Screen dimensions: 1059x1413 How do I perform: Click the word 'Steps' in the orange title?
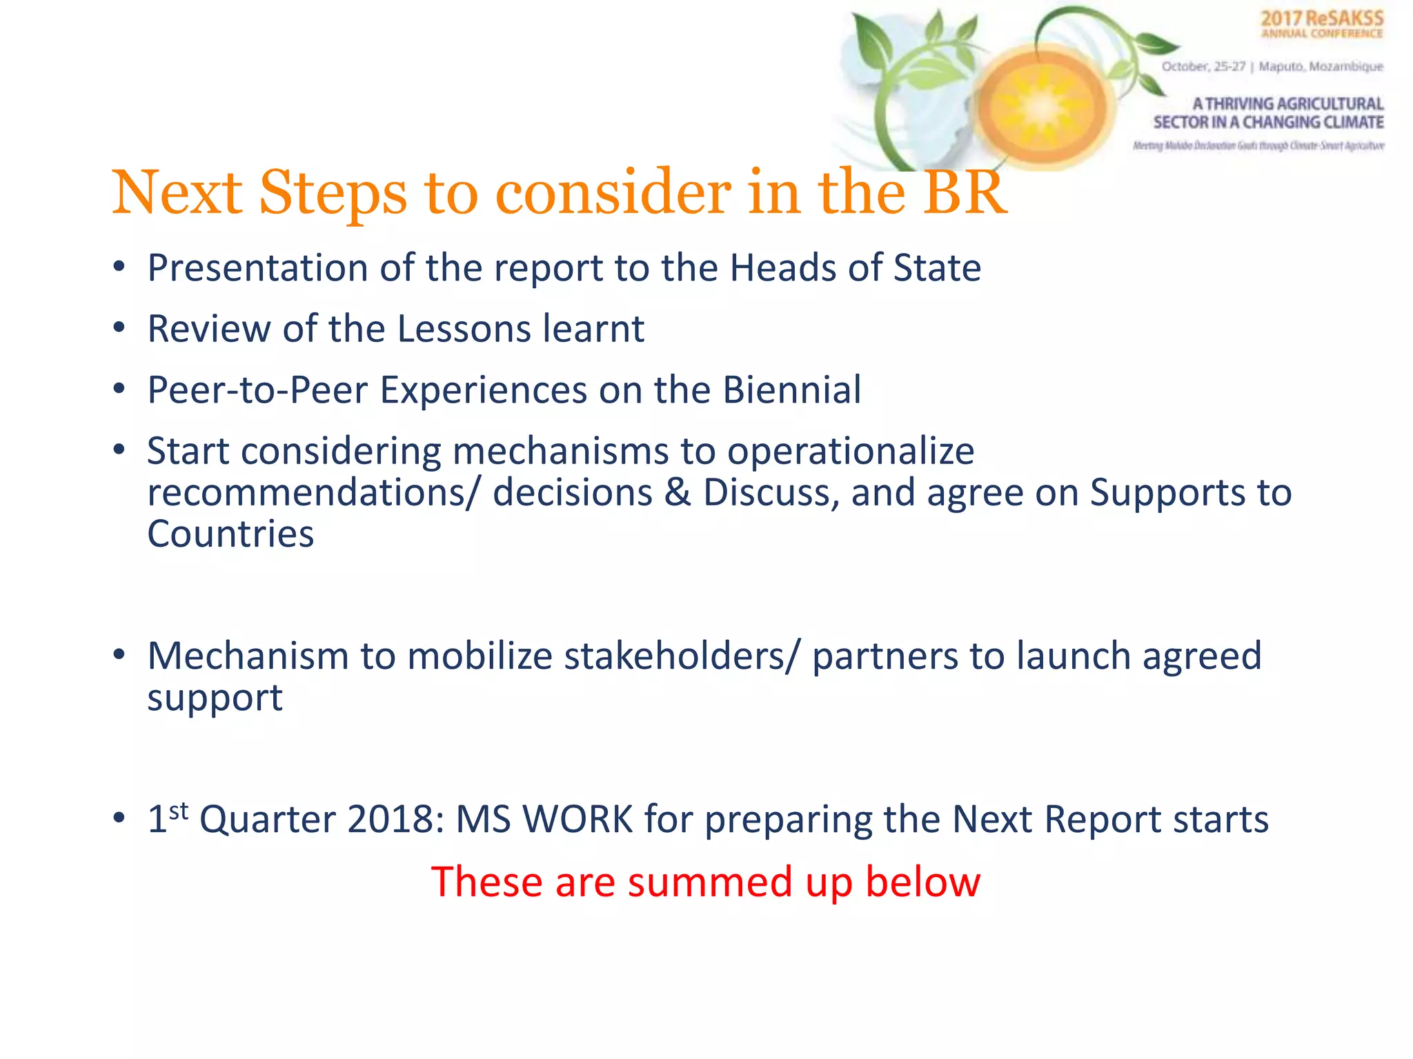[x=333, y=194]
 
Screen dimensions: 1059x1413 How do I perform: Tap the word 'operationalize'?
[x=850, y=452]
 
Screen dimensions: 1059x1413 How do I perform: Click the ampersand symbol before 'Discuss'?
[x=678, y=493]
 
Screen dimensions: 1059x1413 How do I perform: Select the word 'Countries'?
[x=230, y=534]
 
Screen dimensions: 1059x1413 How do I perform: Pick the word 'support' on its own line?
[x=215, y=698]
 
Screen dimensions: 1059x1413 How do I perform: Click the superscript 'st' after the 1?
[x=179, y=811]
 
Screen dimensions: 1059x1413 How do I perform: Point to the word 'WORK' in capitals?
[x=578, y=820]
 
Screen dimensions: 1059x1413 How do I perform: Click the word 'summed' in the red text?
[x=709, y=882]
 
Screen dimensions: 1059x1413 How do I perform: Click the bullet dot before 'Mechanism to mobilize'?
[x=119, y=654]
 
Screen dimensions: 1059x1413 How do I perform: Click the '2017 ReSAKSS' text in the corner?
[x=1321, y=19]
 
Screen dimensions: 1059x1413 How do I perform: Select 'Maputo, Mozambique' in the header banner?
[x=1321, y=67]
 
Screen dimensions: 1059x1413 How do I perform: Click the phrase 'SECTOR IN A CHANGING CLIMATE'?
[x=1268, y=123]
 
